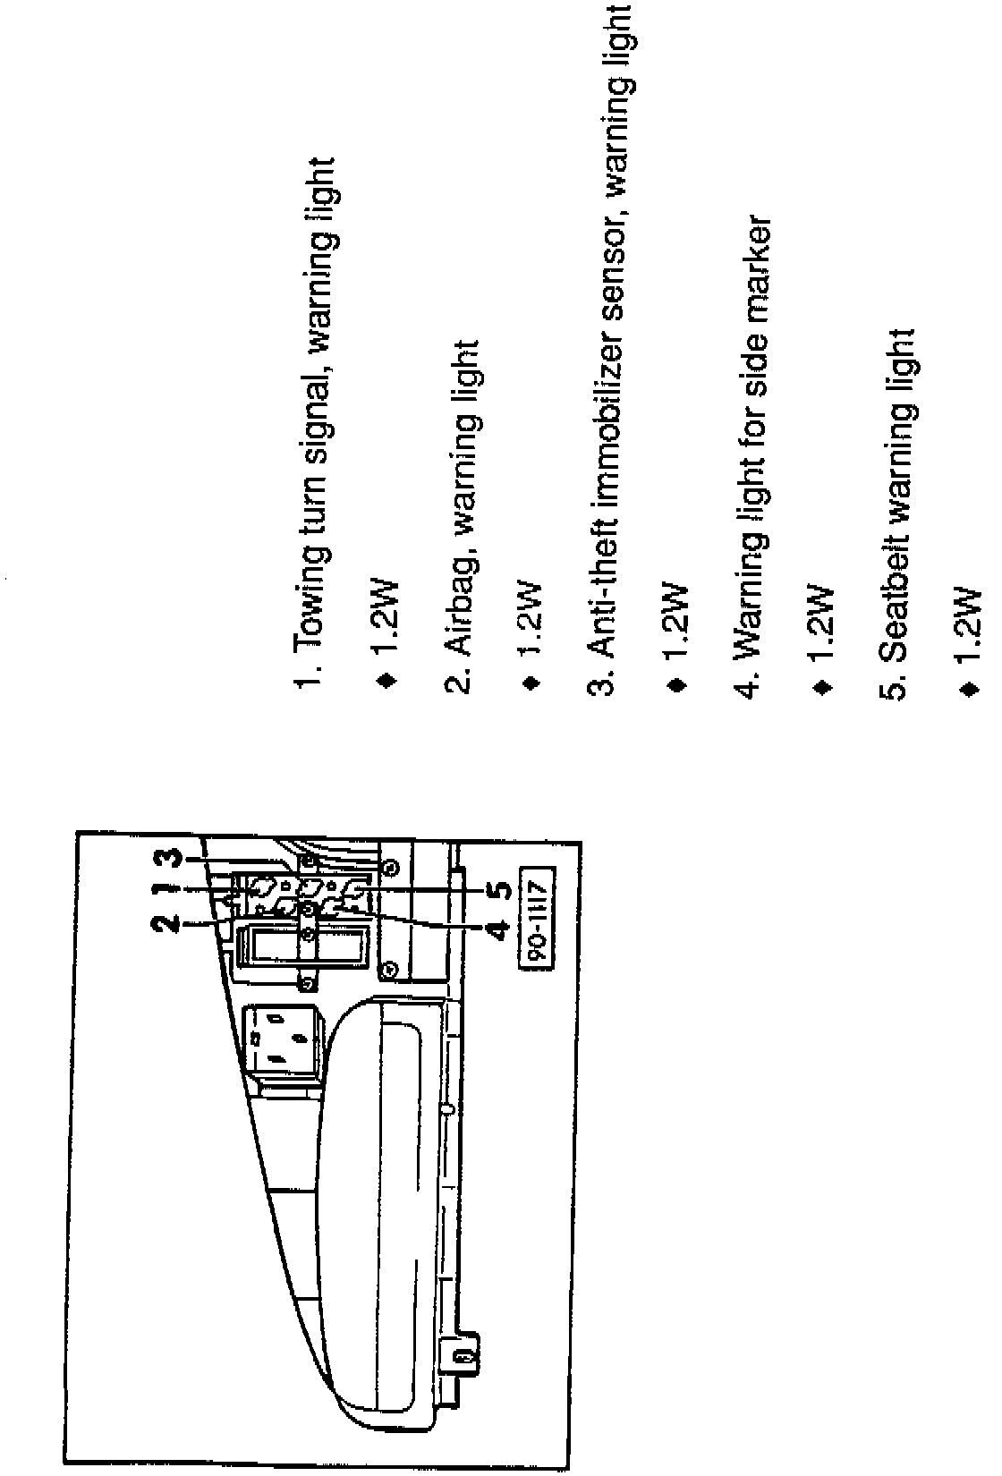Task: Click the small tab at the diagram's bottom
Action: pos(463,1358)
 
